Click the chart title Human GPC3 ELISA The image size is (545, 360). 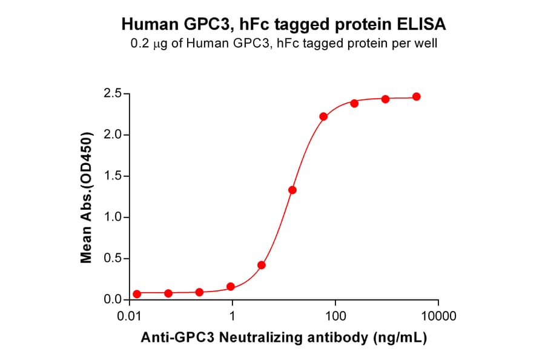[284, 24]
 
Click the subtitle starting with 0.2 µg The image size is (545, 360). [284, 44]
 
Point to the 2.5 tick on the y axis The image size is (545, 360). [113, 94]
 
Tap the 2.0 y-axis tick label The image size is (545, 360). [113, 135]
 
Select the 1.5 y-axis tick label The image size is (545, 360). [113, 176]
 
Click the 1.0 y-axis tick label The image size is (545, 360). [113, 218]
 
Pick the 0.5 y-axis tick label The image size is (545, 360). [113, 259]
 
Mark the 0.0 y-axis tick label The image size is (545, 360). [113, 300]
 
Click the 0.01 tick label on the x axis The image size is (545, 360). [129, 316]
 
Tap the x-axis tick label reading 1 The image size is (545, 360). [233, 316]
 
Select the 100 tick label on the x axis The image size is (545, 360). [335, 316]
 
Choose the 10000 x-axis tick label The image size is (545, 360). [438, 316]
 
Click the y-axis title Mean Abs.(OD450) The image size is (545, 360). [87, 197]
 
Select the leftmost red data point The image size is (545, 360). [137, 294]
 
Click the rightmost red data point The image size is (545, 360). [416, 97]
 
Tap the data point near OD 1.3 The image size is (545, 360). [292, 190]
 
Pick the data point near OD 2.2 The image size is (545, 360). [323, 116]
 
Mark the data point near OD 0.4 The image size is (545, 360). [262, 265]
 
